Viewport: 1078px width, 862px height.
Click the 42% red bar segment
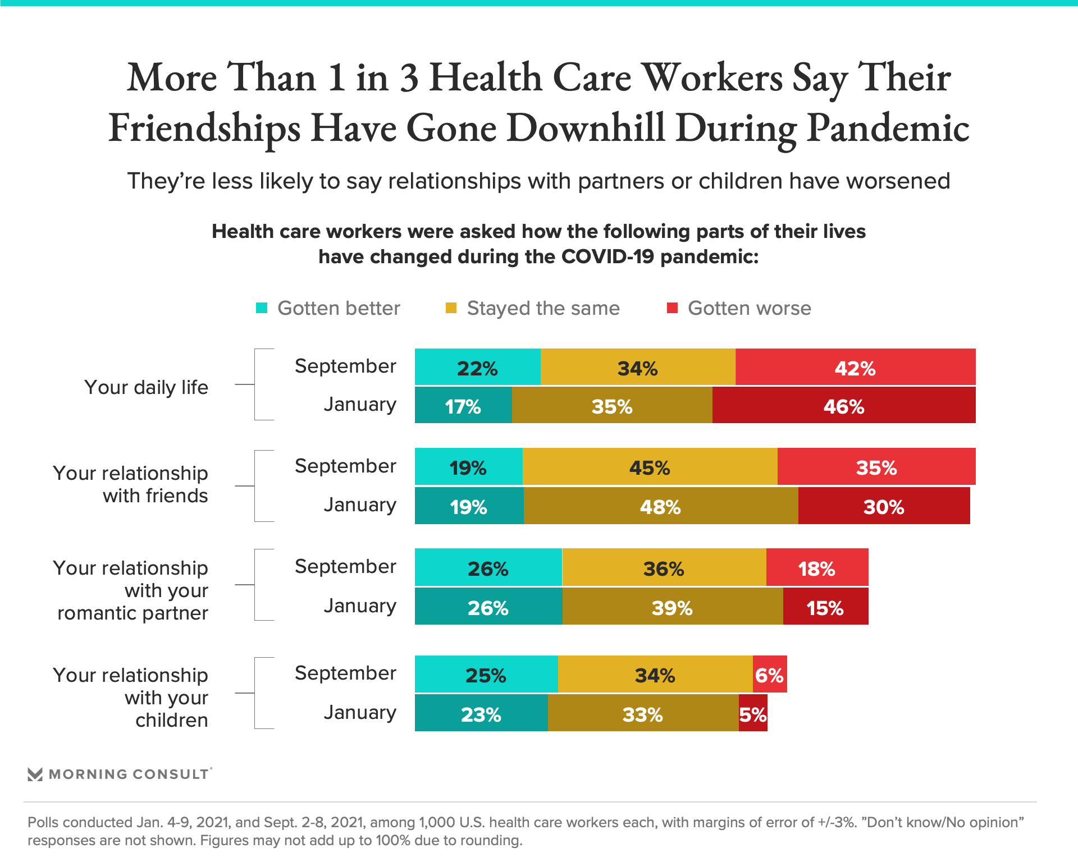pos(855,367)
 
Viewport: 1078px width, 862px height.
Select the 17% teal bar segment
pos(463,405)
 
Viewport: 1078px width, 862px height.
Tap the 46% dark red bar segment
pos(843,405)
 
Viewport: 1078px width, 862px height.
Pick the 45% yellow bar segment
pos(650,467)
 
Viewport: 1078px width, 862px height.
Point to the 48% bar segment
pos(660,506)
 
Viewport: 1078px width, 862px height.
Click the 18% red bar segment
pos(817,568)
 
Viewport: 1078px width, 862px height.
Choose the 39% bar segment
pos(672,607)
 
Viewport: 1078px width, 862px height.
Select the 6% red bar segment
pos(769,674)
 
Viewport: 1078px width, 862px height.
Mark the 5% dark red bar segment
pos(753,713)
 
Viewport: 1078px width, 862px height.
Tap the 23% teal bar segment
pos(481,713)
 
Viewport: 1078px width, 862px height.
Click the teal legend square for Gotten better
pos(262,308)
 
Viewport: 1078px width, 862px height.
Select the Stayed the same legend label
pos(543,308)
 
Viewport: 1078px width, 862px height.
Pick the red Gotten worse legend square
pos(672,308)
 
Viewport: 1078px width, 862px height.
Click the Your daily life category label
pos(146,387)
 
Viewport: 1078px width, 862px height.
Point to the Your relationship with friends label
pos(131,484)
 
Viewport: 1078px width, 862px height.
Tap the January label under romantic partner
pos(360,606)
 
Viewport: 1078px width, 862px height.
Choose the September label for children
pos(345,673)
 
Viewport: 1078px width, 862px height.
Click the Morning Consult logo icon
pos(35,774)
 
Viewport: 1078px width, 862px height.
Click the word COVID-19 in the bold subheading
pos(607,256)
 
